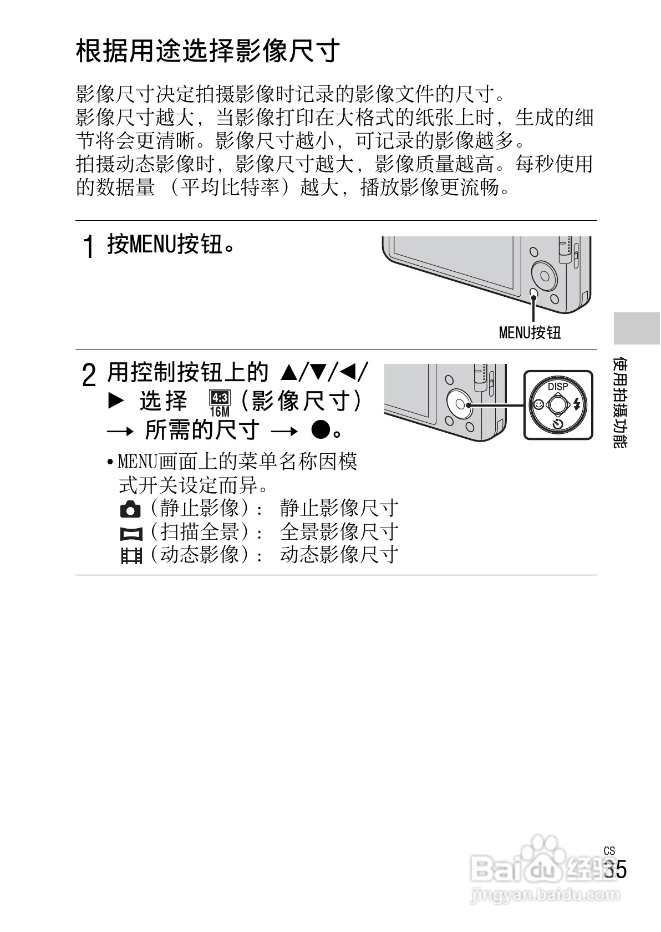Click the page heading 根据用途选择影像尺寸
click(x=207, y=52)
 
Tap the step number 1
click(x=88, y=246)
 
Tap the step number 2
click(x=88, y=376)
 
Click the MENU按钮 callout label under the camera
click(x=530, y=332)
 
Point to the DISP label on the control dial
click(x=558, y=386)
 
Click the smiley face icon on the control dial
click(x=537, y=404)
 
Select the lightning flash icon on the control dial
click(x=578, y=404)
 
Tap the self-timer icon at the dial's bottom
click(x=558, y=425)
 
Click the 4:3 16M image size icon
click(x=220, y=403)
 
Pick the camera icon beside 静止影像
click(x=130, y=509)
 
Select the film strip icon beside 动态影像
click(x=131, y=555)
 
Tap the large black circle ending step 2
click(x=321, y=429)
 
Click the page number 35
click(x=615, y=869)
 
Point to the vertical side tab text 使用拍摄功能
click(x=621, y=402)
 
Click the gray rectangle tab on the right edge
click(x=636, y=328)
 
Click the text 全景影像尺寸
click(x=339, y=532)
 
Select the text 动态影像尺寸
click(x=339, y=554)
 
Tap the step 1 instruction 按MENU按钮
click(x=170, y=244)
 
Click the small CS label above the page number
click(x=609, y=850)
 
